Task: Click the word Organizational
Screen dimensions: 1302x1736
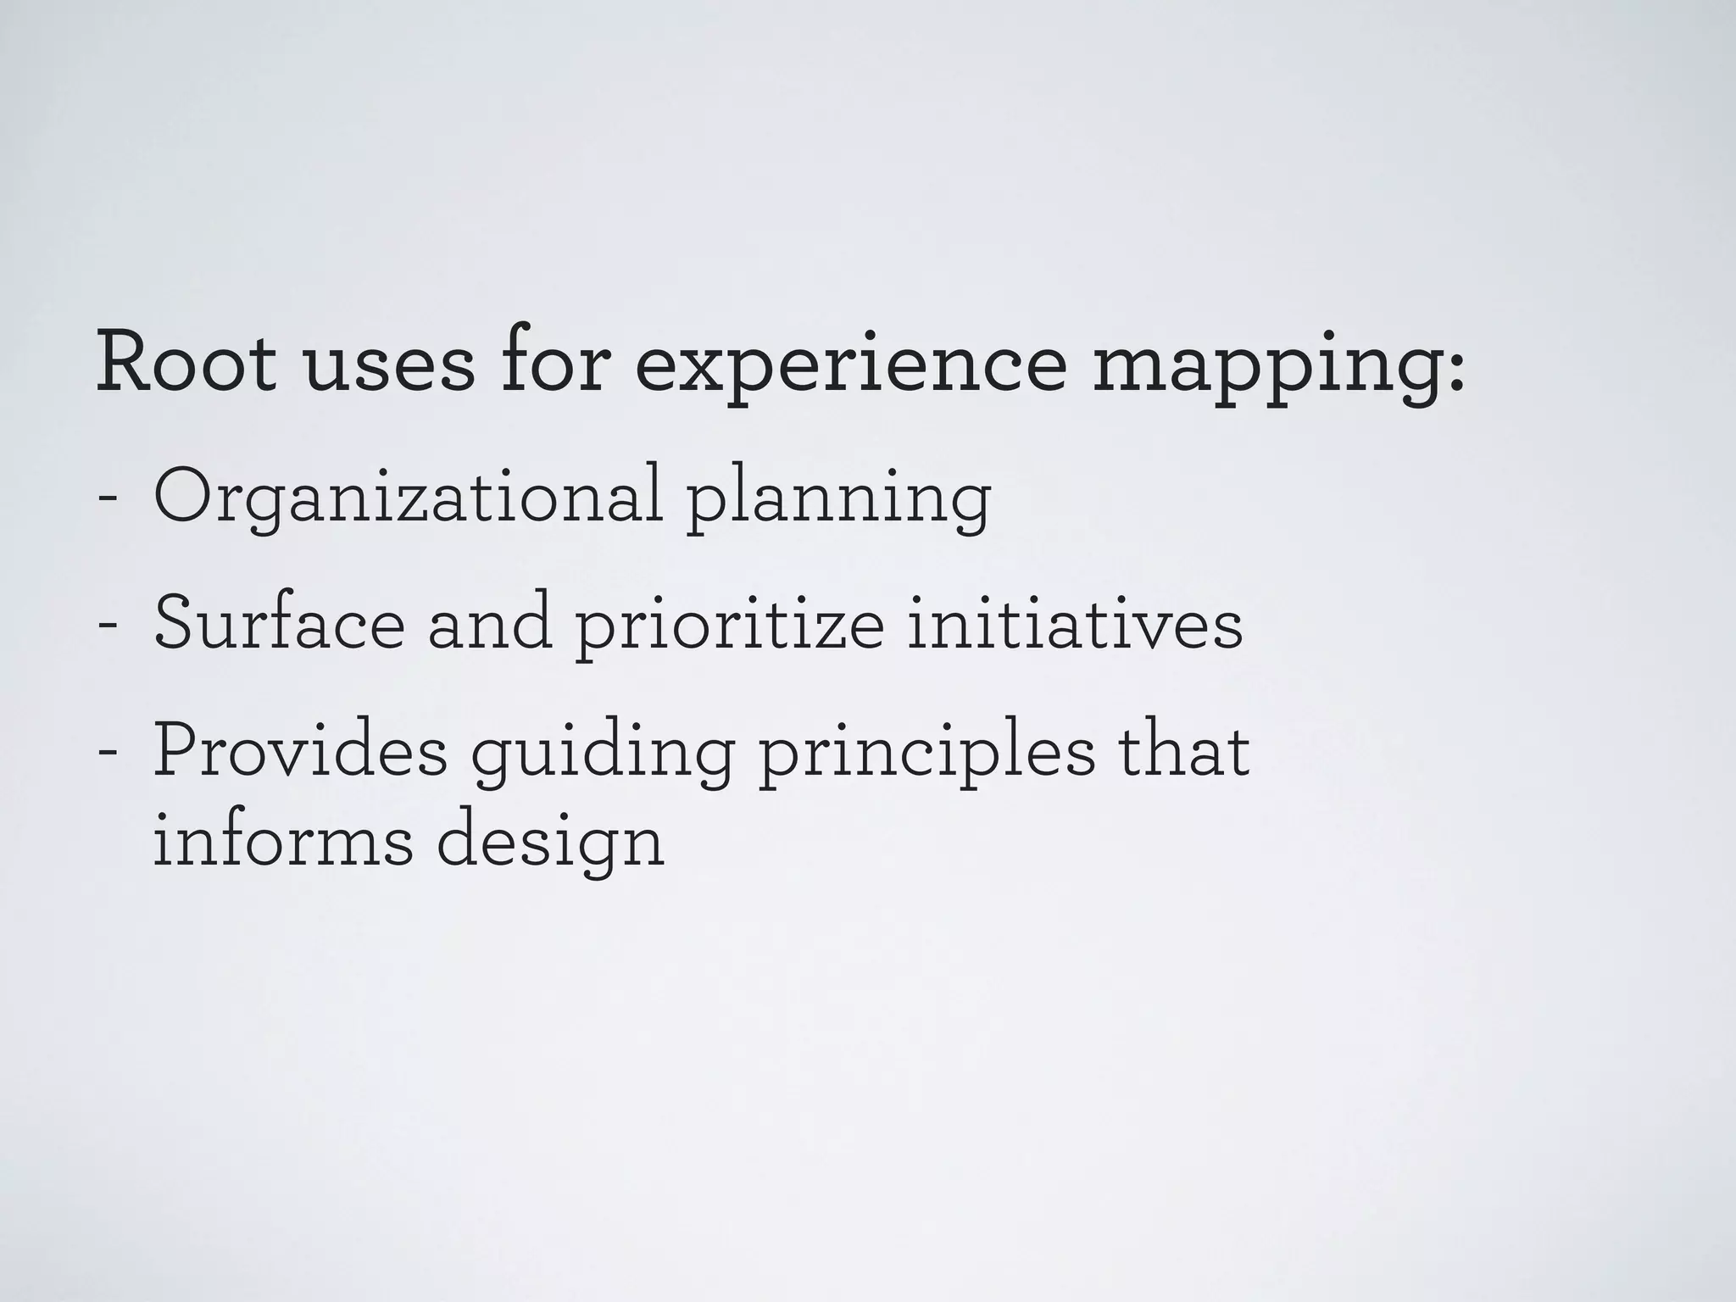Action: pyautogui.click(x=408, y=498)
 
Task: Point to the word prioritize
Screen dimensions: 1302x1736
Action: pyautogui.click(x=729, y=627)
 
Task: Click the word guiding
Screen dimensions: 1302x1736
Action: pyautogui.click(x=602, y=756)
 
